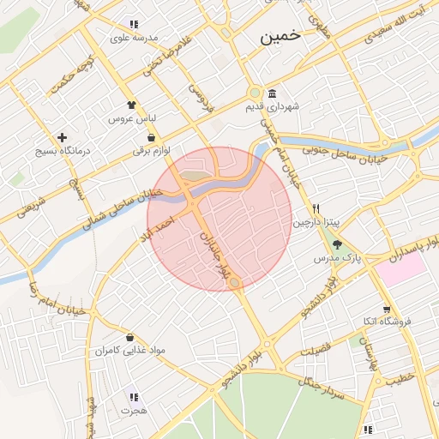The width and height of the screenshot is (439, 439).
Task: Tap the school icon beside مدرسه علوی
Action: pyautogui.click(x=133, y=24)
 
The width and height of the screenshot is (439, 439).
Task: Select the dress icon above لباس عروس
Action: pyautogui.click(x=131, y=105)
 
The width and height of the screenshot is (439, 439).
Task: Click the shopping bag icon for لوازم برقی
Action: pyautogui.click(x=152, y=137)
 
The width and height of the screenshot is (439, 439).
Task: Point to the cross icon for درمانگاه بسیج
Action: pyautogui.click(x=62, y=137)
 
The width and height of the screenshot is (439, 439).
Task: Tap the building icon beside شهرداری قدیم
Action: pyautogui.click(x=272, y=93)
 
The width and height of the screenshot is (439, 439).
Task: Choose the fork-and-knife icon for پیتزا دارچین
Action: pyautogui.click(x=316, y=208)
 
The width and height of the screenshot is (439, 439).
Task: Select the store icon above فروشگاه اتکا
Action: pyautogui.click(x=387, y=309)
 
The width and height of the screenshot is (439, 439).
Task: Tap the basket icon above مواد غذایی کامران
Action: pyautogui.click(x=129, y=337)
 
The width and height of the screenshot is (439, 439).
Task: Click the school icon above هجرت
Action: pyautogui.click(x=133, y=397)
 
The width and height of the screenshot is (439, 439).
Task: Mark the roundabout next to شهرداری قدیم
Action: pyautogui.click(x=254, y=93)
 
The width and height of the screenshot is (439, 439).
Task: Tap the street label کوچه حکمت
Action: pyautogui.click(x=71, y=75)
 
